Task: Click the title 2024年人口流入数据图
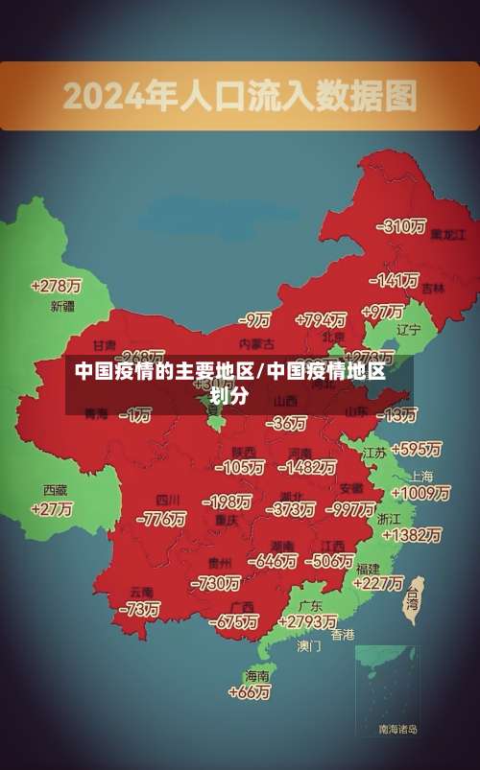[x=240, y=96]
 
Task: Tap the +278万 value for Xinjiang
[x=56, y=286]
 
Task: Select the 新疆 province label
[x=62, y=307]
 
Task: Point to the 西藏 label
[x=55, y=490]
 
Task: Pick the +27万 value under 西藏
[x=52, y=509]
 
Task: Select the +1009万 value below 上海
[x=420, y=493]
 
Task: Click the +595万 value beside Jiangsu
[x=416, y=449]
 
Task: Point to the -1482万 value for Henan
[x=306, y=467]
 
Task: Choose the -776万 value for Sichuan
[x=160, y=519]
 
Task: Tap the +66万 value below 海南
[x=251, y=691]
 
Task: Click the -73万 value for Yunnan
[x=138, y=609]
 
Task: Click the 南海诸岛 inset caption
[x=397, y=730]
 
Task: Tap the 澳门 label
[x=309, y=646]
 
